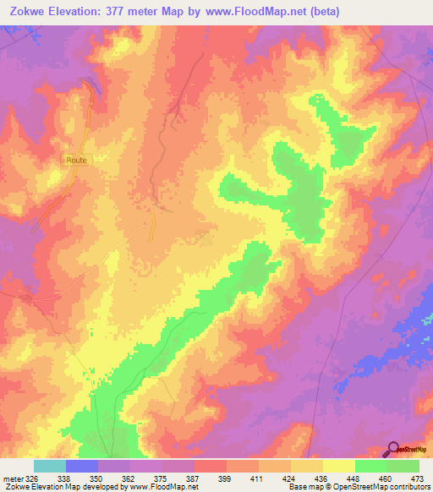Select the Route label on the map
click(75, 159)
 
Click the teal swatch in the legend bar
click(49, 466)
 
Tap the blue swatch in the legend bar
click(81, 466)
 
